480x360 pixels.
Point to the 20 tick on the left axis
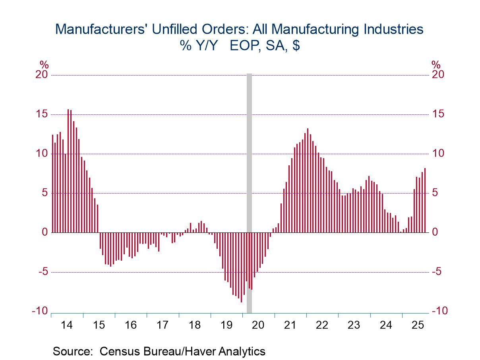[41, 75]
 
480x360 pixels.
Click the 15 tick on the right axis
[439, 114]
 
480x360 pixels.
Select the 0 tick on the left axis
[45, 232]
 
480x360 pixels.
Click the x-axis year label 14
[67, 325]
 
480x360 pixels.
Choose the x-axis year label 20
[258, 325]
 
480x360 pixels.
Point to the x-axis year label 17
[163, 325]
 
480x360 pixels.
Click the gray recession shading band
[250, 191]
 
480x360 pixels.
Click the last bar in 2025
[425, 200]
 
